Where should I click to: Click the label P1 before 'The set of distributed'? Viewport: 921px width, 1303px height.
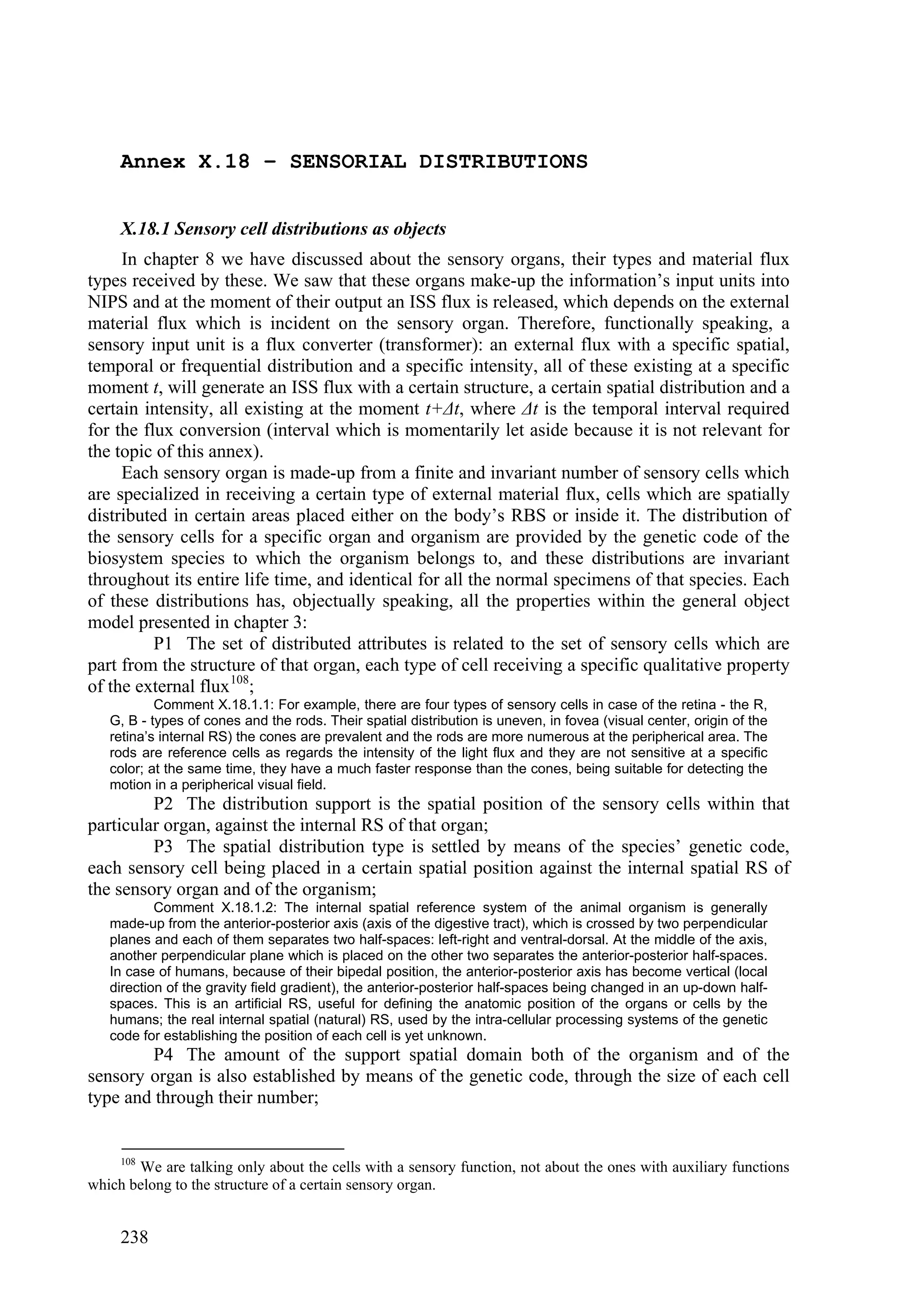(165, 644)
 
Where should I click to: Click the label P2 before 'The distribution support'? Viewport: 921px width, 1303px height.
(165, 804)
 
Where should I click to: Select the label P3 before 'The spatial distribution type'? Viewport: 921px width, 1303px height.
(165, 847)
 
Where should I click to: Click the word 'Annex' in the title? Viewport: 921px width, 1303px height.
(152, 162)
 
